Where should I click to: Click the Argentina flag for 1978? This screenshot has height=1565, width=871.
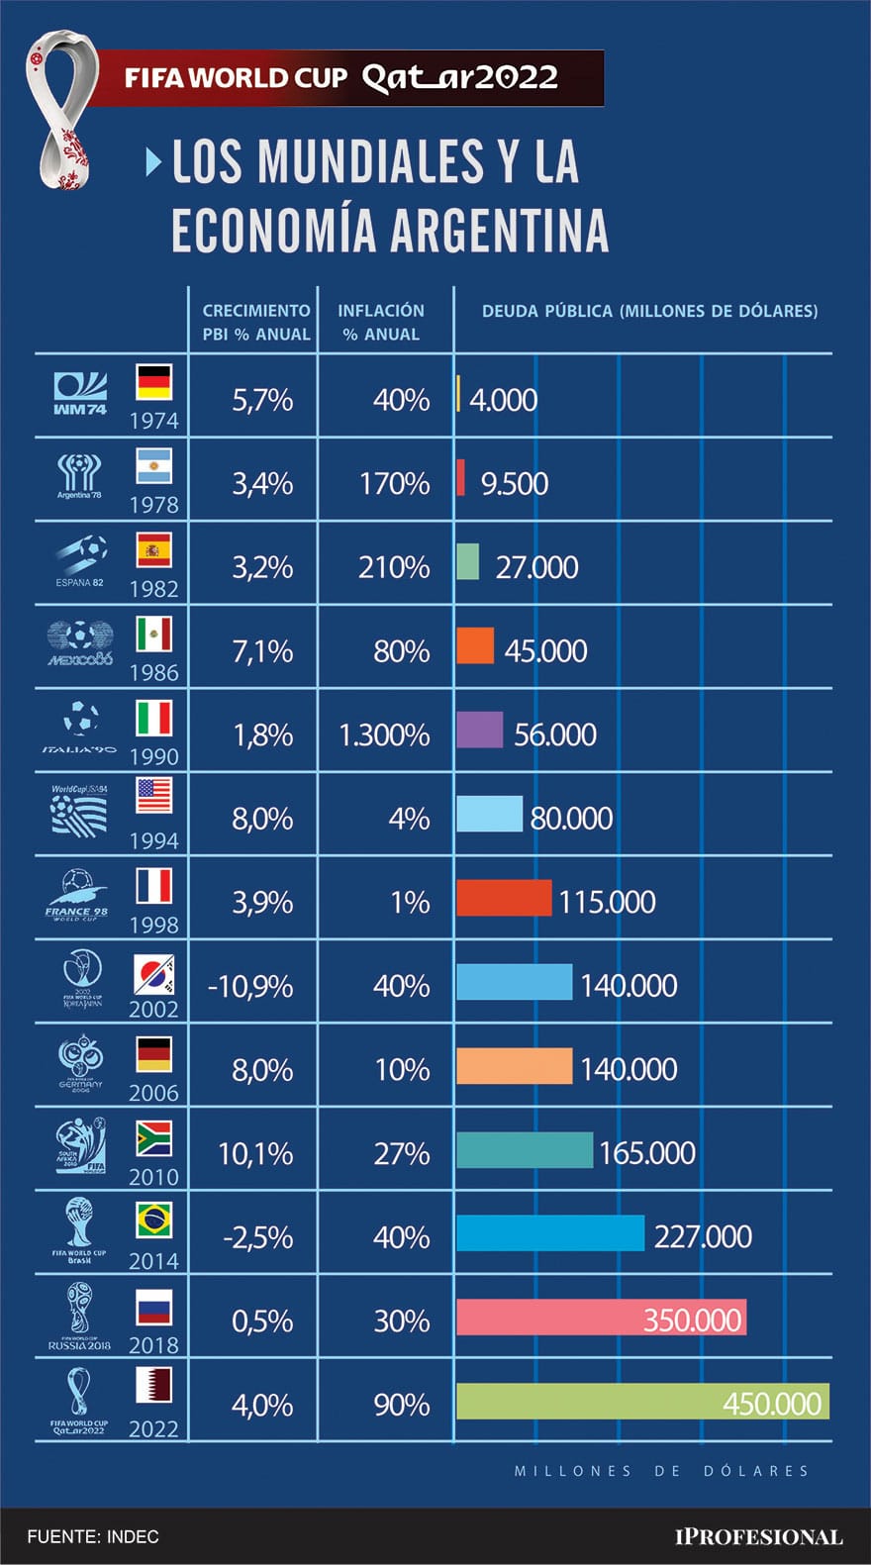[153, 465]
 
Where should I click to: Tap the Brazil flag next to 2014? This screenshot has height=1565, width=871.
[153, 1220]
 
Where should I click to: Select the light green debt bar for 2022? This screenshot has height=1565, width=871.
[642, 1402]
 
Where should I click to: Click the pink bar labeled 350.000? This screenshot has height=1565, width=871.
[601, 1318]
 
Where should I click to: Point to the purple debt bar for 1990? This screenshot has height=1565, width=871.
[479, 731]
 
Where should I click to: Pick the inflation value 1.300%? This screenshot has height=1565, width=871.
[384, 734]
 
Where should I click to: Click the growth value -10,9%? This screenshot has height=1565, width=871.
[250, 986]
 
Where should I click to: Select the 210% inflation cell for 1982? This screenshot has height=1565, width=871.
[394, 567]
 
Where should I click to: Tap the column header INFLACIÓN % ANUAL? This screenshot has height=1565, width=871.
[381, 322]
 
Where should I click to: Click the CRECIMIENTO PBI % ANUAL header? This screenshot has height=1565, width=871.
[255, 322]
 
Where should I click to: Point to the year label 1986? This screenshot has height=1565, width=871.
[153, 673]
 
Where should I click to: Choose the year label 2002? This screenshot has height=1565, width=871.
[153, 1009]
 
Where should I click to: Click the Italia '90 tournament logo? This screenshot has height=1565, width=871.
[79, 727]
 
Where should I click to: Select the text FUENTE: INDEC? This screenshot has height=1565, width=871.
[93, 1536]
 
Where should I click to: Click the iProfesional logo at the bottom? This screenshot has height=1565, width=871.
[758, 1536]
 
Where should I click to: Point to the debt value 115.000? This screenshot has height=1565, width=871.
[607, 902]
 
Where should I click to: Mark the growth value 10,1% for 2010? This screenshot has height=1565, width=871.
[254, 1153]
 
